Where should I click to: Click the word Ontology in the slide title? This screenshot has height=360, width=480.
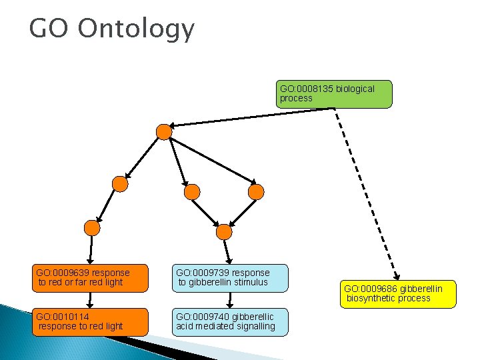point(136,29)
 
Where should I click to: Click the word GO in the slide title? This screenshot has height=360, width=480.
point(49,29)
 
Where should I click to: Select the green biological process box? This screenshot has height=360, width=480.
point(335,94)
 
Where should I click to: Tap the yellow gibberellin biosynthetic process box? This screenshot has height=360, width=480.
point(400,294)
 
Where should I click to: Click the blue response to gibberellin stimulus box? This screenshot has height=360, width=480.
point(230,278)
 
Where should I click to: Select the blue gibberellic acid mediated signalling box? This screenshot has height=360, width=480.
point(230,321)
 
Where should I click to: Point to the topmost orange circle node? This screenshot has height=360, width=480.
point(163,131)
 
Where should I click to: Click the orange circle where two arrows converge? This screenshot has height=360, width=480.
point(225,231)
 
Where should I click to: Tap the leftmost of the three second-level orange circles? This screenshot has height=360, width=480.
point(119,183)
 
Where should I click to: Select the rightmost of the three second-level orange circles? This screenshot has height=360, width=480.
point(256,192)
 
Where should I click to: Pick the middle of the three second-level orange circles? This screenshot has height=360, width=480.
point(192,192)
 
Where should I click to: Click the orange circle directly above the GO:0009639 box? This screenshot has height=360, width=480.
point(92,228)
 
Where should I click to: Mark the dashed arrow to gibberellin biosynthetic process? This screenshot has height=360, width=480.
point(367,193)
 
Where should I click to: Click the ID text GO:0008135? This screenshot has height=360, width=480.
point(307,89)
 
